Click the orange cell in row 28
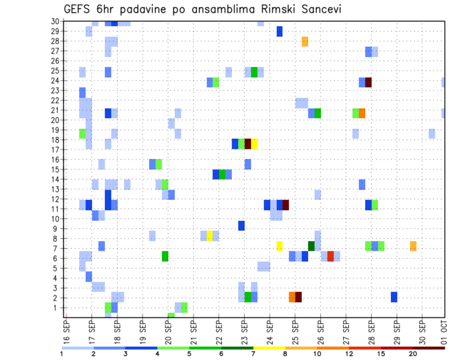pos(305,41)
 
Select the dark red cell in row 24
pos(368,82)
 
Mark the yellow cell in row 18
pos(254,144)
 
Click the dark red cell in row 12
pos(285,205)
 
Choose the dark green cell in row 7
pos(311,246)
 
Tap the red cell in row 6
pos(330,256)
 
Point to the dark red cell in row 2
pos(298,297)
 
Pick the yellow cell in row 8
pos(210,236)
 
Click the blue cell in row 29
pos(279,32)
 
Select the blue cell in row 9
pos(241,226)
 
